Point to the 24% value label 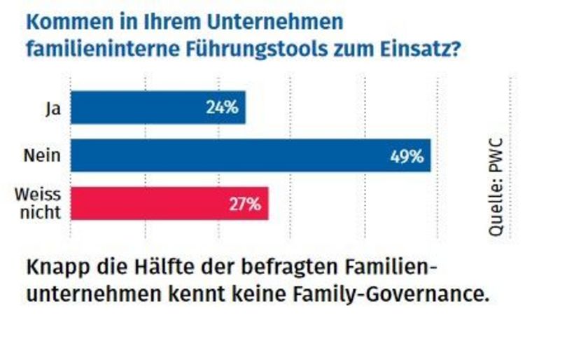[223, 109]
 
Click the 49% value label [407, 156]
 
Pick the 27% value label [245, 205]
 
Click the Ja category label [51, 109]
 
